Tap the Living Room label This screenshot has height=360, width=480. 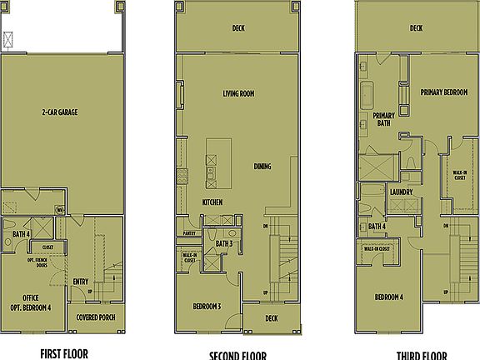click(237, 94)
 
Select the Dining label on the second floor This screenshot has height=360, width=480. click(262, 167)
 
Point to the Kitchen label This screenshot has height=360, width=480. click(211, 202)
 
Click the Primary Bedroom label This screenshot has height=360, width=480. click(442, 92)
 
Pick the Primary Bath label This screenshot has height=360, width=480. click(383, 119)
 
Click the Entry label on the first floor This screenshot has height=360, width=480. click(81, 281)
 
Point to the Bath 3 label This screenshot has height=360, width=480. click(223, 243)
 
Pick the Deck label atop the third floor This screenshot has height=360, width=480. click(416, 27)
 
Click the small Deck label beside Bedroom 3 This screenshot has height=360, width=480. click(271, 317)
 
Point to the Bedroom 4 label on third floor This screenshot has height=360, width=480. click(388, 297)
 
